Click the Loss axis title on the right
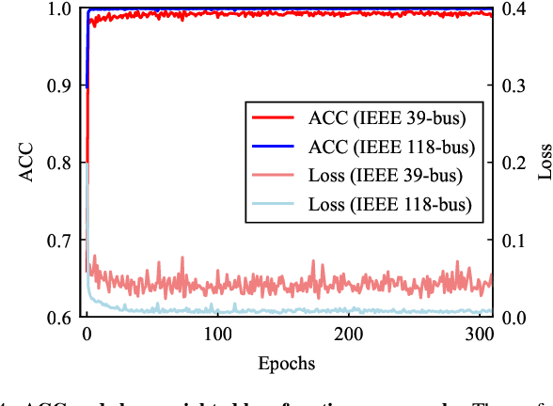click(x=544, y=163)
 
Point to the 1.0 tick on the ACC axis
click(x=58, y=8)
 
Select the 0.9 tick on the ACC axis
click(x=58, y=86)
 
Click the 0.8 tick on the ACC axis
click(x=58, y=163)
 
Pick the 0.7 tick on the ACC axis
click(x=58, y=240)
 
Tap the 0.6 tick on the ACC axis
click(x=58, y=318)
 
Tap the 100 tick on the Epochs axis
click(x=218, y=335)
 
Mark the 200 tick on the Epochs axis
click(x=349, y=335)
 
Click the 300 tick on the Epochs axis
click(x=480, y=335)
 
